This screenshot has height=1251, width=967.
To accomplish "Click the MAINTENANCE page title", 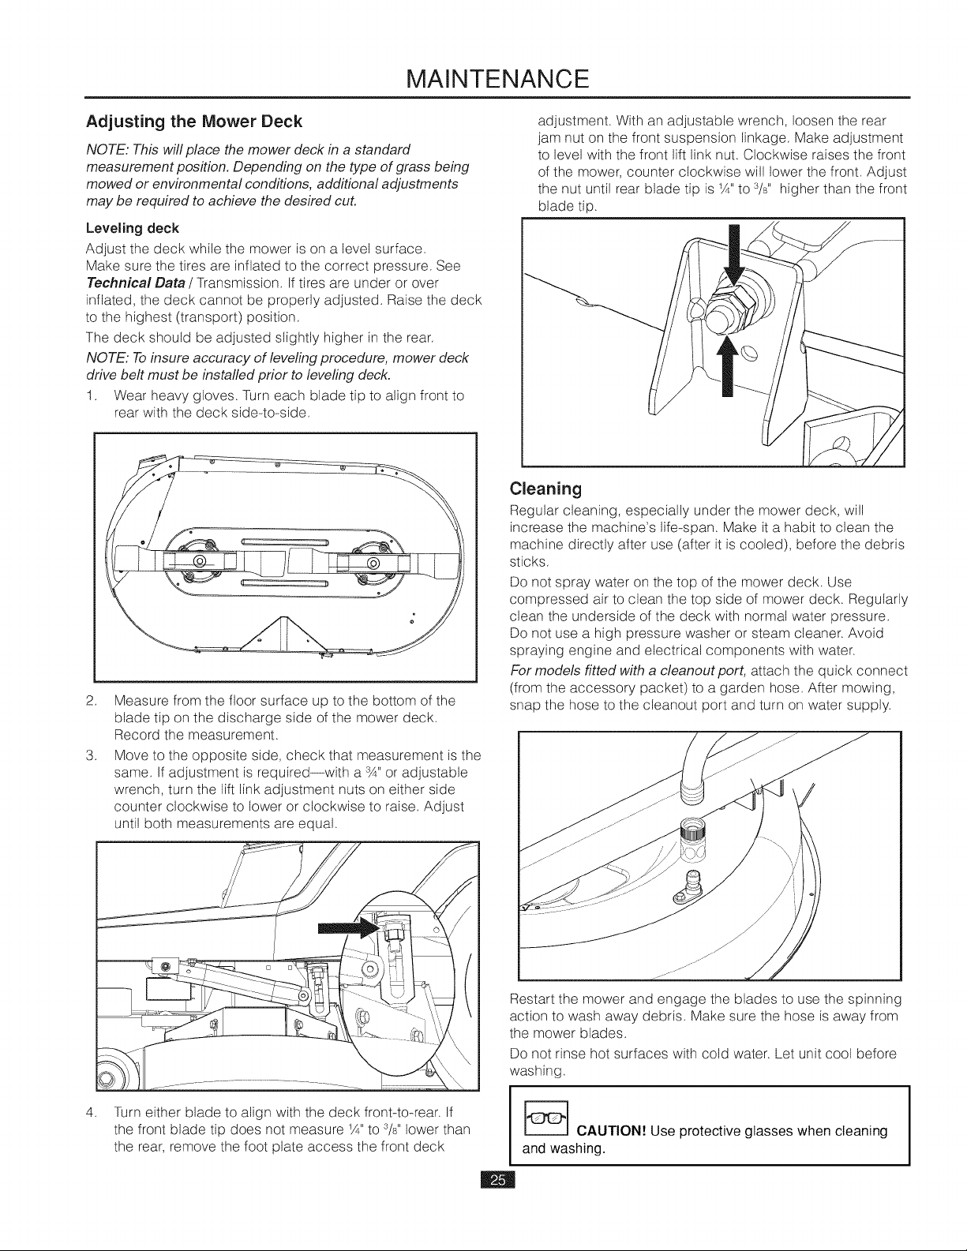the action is click(497, 79).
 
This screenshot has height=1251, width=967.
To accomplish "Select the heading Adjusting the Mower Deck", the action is click(194, 122).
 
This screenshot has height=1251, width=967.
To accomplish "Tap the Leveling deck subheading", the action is click(133, 229).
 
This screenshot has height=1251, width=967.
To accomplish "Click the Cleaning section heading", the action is click(545, 489).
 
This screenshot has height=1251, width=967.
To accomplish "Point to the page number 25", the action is click(498, 1181).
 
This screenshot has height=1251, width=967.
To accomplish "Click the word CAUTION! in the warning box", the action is click(611, 1131).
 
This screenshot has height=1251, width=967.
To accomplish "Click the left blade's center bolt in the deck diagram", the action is click(199, 561).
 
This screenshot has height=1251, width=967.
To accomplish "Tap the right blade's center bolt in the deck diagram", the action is click(373, 562).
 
